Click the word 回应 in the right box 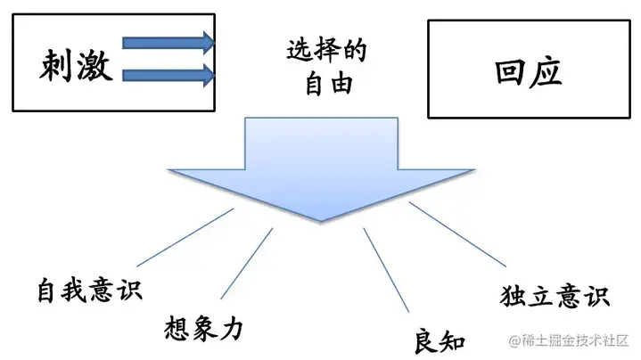click(x=529, y=71)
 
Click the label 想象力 click(x=204, y=327)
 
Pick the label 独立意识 click(x=556, y=296)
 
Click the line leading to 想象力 click(x=247, y=263)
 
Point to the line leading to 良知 click(x=384, y=268)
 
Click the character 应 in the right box click(x=546, y=71)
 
